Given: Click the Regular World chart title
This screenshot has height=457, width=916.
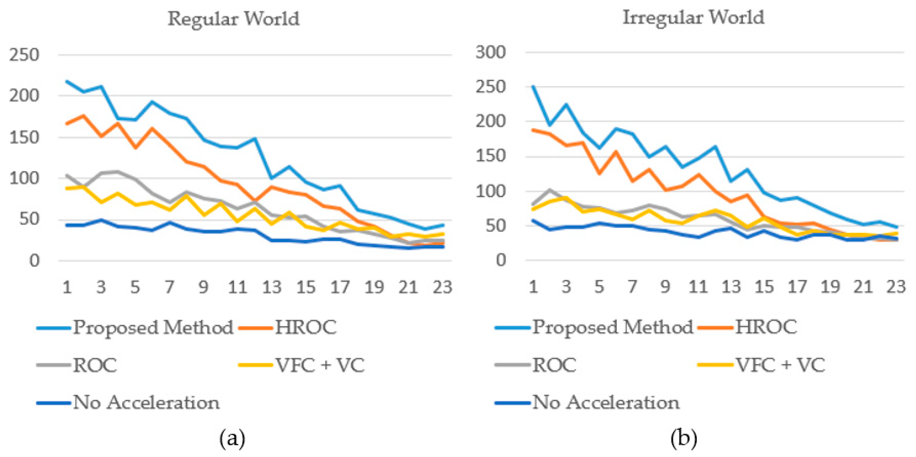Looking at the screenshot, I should click(x=234, y=19).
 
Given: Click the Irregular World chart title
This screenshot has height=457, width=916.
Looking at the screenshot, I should click(x=693, y=17).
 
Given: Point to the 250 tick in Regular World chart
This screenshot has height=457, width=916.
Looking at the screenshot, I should click(x=24, y=55).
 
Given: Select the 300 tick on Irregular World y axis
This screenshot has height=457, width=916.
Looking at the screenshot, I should click(x=491, y=52).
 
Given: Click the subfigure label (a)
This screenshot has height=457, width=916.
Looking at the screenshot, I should click(x=232, y=439).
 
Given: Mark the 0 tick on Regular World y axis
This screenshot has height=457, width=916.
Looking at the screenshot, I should click(x=34, y=261).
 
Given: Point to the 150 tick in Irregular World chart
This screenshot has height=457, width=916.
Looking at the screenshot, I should click(x=491, y=156).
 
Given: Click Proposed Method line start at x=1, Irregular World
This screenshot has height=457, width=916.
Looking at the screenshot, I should click(x=533, y=86).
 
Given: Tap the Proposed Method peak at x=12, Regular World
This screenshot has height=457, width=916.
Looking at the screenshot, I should click(x=255, y=138).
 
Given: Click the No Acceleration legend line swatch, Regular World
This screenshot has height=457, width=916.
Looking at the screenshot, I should click(x=53, y=403).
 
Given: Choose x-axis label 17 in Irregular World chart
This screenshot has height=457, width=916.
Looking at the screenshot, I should click(x=797, y=286).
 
